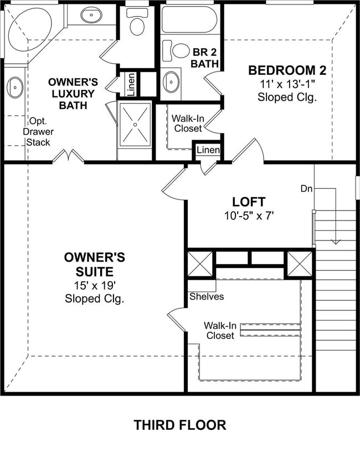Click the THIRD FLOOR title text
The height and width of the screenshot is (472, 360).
pyautogui.click(x=179, y=425)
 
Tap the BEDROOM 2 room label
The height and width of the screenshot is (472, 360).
pyautogui.click(x=287, y=70)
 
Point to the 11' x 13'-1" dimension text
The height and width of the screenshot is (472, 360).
pyautogui.click(x=287, y=84)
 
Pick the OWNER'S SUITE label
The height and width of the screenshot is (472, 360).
pyautogui.click(x=94, y=264)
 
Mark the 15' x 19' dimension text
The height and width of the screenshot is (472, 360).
pyautogui.click(x=94, y=285)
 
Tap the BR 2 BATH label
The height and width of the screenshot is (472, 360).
pyautogui.click(x=203, y=58)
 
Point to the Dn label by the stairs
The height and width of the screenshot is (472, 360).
pyautogui.click(x=306, y=188)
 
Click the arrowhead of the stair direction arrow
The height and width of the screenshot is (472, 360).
pyautogui.click(x=335, y=241)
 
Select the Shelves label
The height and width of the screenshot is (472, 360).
pyautogui.click(x=207, y=296)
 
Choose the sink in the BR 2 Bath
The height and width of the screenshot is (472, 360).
pyautogui.click(x=171, y=82)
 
